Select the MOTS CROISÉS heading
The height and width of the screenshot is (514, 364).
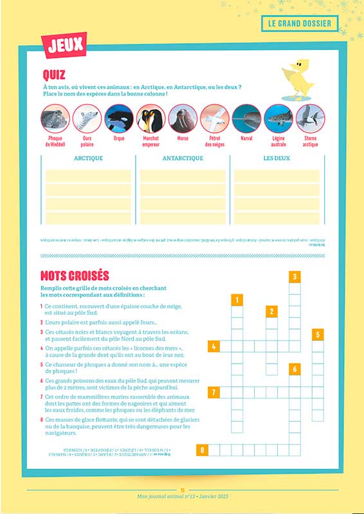click(75, 276)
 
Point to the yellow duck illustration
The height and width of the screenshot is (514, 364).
click(298, 79)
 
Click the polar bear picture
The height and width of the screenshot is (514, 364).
click(87, 118)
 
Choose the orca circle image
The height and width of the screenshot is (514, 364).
click(119, 118)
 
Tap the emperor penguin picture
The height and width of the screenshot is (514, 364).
click(150, 118)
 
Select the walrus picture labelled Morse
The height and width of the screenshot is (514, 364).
click(183, 118)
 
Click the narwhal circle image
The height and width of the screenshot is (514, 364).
click(246, 118)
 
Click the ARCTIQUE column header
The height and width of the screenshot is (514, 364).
click(88, 158)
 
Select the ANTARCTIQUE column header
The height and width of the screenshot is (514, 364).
click(182, 158)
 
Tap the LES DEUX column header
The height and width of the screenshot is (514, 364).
click(277, 158)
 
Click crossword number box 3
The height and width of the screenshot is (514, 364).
click(295, 277)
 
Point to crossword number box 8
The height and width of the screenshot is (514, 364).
click(202, 450)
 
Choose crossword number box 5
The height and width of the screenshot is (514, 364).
click(318, 335)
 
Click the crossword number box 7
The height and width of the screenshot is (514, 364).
click(213, 392)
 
